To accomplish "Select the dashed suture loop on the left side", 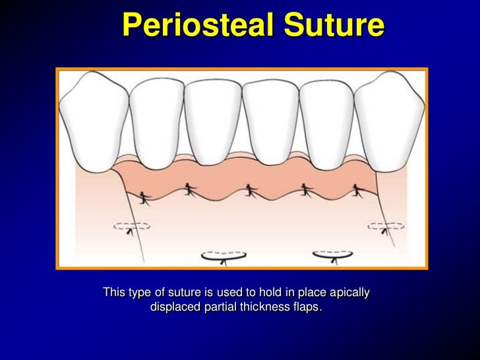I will click(131, 226).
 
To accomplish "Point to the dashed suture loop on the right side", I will click(386, 226).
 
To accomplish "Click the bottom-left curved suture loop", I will click(224, 256).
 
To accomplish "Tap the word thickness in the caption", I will click(267, 307).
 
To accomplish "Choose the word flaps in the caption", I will click(309, 307).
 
